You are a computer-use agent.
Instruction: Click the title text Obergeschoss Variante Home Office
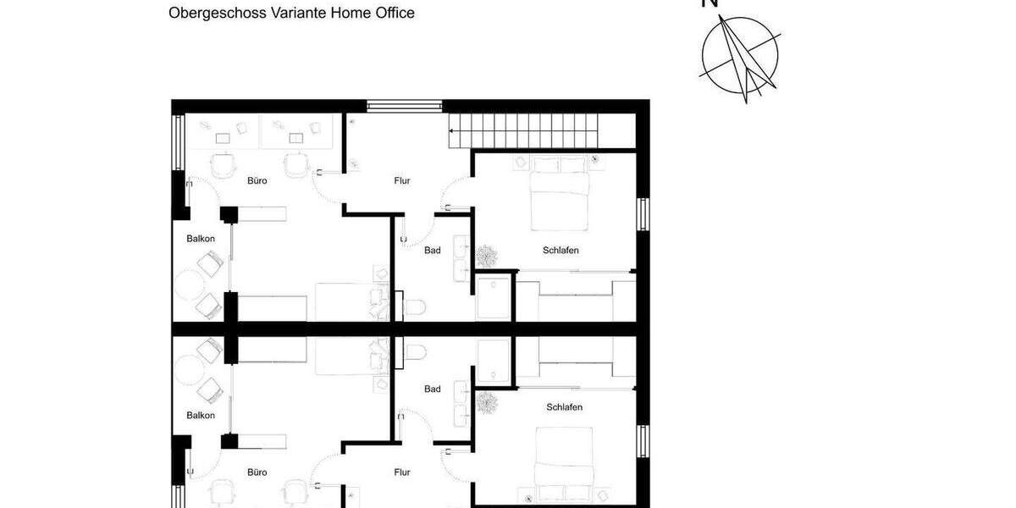point(291,13)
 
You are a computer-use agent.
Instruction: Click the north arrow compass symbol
point(739,55)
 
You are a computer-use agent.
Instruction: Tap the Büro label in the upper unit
point(257,180)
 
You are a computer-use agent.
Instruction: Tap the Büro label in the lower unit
point(257,472)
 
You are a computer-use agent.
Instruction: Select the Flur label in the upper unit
point(403,181)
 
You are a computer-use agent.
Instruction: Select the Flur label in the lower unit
point(403,472)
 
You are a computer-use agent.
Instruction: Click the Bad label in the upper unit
point(432,250)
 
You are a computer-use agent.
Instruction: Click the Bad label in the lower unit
point(432,389)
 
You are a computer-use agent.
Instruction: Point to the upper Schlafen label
point(560,250)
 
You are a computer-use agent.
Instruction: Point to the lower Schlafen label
point(565,407)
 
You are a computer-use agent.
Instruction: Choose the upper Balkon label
point(201,239)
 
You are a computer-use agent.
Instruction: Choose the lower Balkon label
point(201,415)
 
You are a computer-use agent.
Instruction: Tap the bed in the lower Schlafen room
point(563,461)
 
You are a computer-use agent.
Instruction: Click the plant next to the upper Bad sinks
point(487,256)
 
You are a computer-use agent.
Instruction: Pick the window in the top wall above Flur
point(405,106)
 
